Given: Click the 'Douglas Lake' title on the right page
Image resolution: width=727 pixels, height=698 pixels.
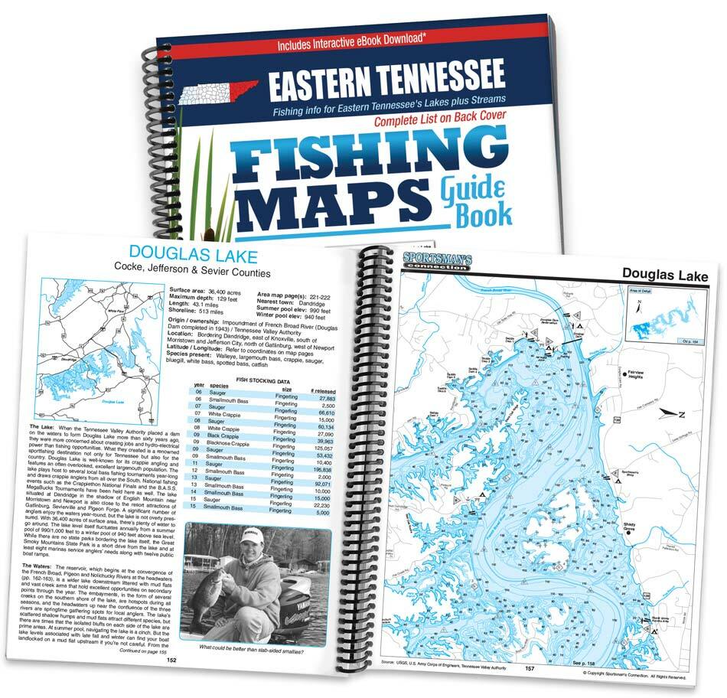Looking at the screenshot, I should click(664, 275).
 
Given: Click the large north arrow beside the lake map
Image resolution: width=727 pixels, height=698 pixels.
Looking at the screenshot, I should click(672, 413).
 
